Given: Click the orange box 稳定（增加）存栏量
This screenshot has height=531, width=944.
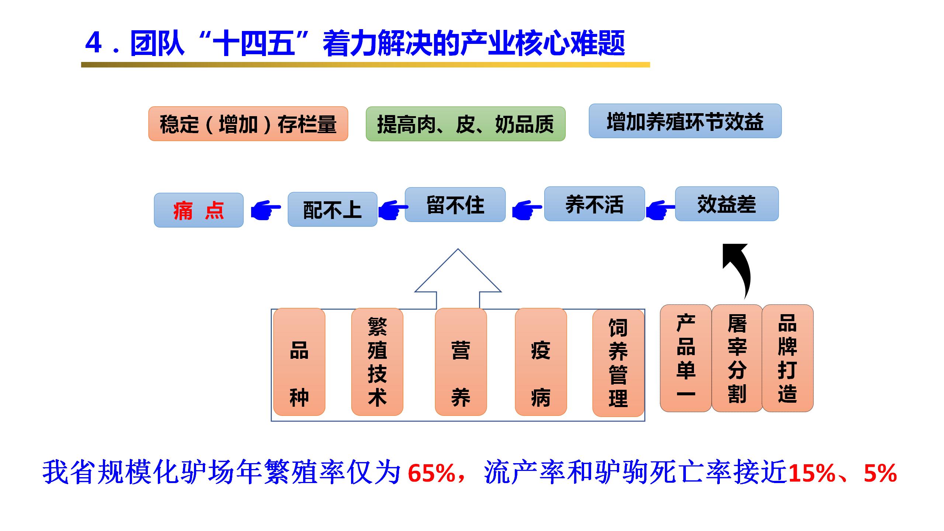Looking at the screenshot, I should tap(248, 124).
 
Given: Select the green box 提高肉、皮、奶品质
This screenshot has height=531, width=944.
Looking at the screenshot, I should tap(465, 124).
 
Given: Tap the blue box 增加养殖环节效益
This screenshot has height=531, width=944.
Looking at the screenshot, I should tap(685, 121).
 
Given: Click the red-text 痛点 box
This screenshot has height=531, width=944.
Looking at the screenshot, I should tap(198, 210).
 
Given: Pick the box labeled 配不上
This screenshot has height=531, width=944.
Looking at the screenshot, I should tap(332, 209).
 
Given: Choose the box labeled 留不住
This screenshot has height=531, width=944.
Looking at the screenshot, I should tap(455, 205).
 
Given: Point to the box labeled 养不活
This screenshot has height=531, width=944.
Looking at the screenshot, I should tap(594, 204).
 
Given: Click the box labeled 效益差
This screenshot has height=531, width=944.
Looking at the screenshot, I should tap(726, 204).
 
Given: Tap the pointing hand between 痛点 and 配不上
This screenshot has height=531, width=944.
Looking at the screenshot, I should tap(265, 211).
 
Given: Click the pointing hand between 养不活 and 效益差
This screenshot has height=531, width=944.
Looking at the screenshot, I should tap(660, 211).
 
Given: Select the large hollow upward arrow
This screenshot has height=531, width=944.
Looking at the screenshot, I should tap(458, 280).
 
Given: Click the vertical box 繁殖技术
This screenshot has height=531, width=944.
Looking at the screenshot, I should tap(377, 362).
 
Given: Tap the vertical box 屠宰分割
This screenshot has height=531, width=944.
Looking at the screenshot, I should tap(737, 358).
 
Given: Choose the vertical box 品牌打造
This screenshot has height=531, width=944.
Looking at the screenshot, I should tap(787, 358).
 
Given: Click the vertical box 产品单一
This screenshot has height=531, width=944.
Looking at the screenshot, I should tap(686, 358).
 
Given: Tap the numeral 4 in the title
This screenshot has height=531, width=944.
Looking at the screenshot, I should tap(94, 43).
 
